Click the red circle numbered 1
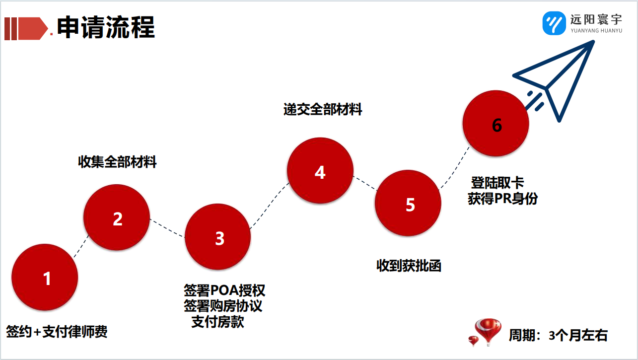[x=45, y=277]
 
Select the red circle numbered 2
[x=117, y=217]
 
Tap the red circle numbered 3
[x=217, y=237]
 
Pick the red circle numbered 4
[x=320, y=171]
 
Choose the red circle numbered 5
[x=408, y=203]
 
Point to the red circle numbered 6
[x=496, y=123]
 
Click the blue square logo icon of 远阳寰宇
[x=554, y=23]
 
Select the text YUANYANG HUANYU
[x=596, y=30]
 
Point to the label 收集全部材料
[x=117, y=162]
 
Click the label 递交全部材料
[x=323, y=109]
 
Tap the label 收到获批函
[x=409, y=266]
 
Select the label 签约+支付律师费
[x=57, y=332]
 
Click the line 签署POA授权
[x=224, y=290]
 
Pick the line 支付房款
[x=218, y=322]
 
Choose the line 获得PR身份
[x=503, y=199]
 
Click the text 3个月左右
[x=578, y=335]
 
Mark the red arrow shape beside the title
[x=33, y=28]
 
